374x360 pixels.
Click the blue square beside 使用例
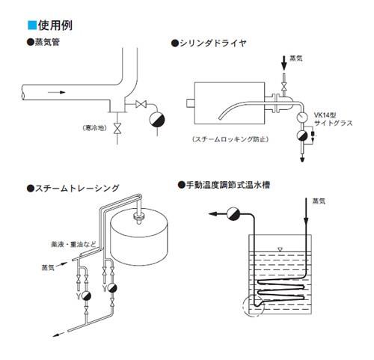[x=32, y=25]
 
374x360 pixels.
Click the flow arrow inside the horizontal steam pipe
[x=57, y=92]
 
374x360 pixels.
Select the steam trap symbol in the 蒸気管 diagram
[x=157, y=120]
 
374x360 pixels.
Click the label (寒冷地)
[x=94, y=128]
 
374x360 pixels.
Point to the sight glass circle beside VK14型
[x=302, y=118]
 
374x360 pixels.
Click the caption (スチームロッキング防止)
[x=230, y=139]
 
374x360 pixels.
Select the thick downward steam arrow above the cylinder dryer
[x=283, y=63]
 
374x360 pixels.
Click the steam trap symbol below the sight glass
[x=302, y=135]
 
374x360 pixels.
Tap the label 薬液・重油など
[x=73, y=244]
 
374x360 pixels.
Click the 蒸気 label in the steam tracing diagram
[x=48, y=268]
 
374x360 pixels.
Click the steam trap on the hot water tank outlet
[x=233, y=214]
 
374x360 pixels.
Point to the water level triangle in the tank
[x=280, y=249]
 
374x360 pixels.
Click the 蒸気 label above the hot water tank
[x=319, y=201]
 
